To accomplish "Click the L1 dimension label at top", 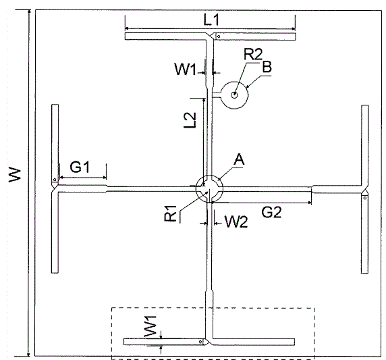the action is pyautogui.click(x=211, y=20).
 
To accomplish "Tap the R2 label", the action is pyautogui.click(x=253, y=54).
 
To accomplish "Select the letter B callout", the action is pyautogui.click(x=267, y=67).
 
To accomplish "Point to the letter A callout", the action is pyautogui.click(x=239, y=159).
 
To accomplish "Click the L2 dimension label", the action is pyautogui.click(x=190, y=120).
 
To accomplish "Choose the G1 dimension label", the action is pyautogui.click(x=80, y=167).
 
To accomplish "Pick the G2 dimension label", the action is pyautogui.click(x=271, y=212).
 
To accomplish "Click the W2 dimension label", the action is pyautogui.click(x=236, y=222).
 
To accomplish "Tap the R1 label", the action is pyautogui.click(x=170, y=213).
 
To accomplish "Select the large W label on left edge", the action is pyautogui.click(x=15, y=175).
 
